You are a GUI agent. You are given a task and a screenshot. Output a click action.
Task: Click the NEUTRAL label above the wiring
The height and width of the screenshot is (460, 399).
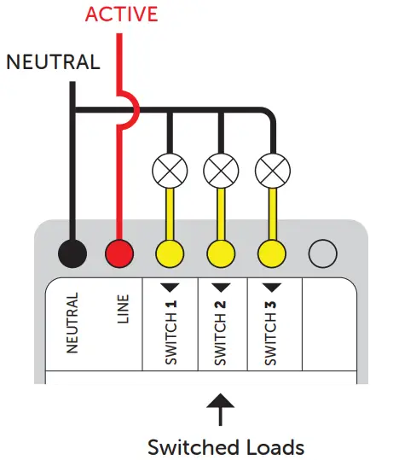[53, 62]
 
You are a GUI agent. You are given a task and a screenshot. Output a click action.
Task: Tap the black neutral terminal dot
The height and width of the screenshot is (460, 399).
[72, 253]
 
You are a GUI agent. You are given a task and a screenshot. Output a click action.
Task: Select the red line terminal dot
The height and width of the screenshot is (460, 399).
[120, 253]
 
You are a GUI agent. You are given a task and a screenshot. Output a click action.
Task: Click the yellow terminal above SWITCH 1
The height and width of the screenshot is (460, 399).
[171, 253]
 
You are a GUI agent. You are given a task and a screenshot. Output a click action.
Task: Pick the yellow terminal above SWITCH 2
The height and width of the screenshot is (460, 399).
[221, 253]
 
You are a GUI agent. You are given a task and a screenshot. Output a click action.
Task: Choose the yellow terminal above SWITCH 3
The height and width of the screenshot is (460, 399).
[272, 253]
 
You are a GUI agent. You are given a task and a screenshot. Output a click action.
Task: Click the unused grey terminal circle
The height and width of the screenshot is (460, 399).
[322, 253]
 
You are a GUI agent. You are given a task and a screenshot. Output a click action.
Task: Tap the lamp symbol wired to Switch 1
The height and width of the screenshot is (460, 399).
[171, 172]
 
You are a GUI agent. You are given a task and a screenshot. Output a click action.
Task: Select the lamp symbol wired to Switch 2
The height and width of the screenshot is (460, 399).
[221, 172]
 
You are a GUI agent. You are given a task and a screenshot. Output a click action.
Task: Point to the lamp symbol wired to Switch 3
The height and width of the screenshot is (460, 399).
[272, 172]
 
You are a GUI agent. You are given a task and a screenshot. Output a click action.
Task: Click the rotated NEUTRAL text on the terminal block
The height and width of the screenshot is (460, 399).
[72, 323]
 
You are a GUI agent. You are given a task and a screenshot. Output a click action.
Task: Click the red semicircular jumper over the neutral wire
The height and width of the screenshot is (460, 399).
[128, 110]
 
